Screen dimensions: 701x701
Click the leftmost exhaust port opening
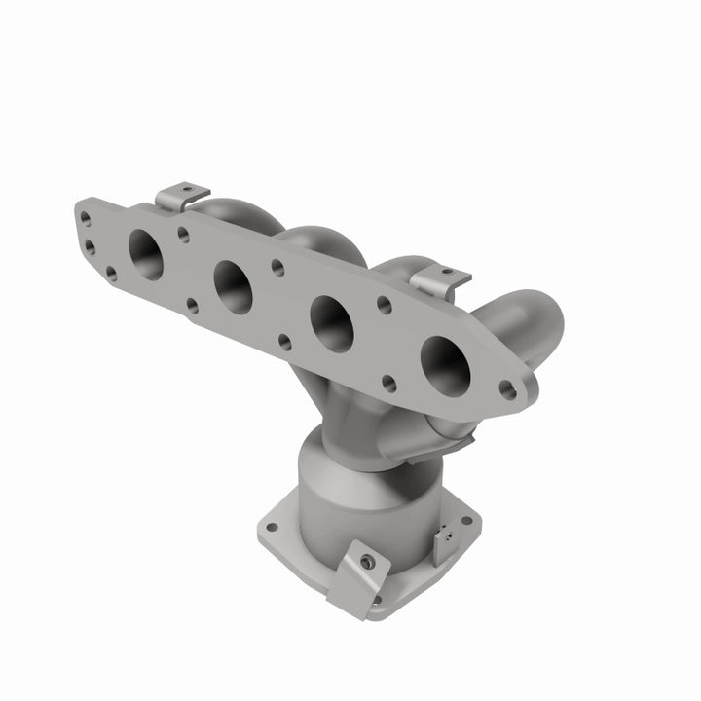coord(145,256)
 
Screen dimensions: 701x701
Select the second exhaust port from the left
coord(235,286)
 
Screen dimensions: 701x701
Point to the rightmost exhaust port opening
coord(445,363)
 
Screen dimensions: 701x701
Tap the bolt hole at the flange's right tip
coord(506,388)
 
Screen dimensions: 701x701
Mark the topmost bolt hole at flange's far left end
coord(87,219)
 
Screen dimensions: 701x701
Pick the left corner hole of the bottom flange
coord(273,528)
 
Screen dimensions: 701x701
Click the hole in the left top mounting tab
coord(189,187)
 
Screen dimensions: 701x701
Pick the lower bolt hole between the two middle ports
coord(283,341)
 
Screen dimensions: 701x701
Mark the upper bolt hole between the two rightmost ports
coord(386,304)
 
